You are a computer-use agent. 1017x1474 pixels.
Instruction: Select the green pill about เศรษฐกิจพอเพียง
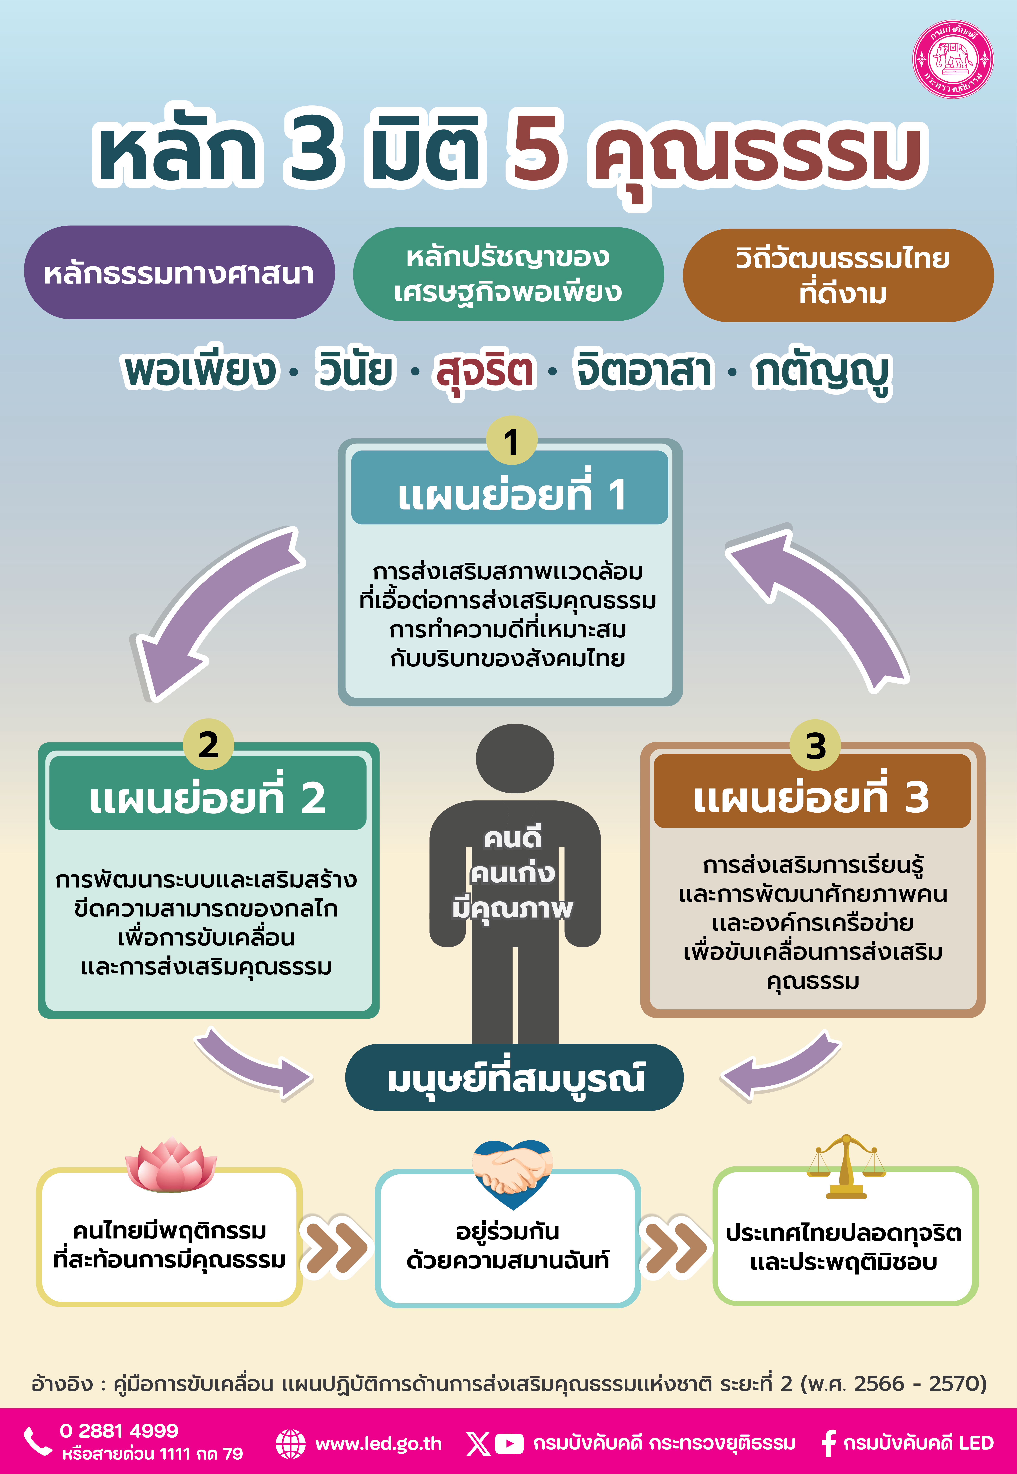point(508,274)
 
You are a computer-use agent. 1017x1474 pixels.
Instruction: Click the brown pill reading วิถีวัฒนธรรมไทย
point(838,275)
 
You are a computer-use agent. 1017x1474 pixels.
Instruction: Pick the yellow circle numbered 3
point(815,745)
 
